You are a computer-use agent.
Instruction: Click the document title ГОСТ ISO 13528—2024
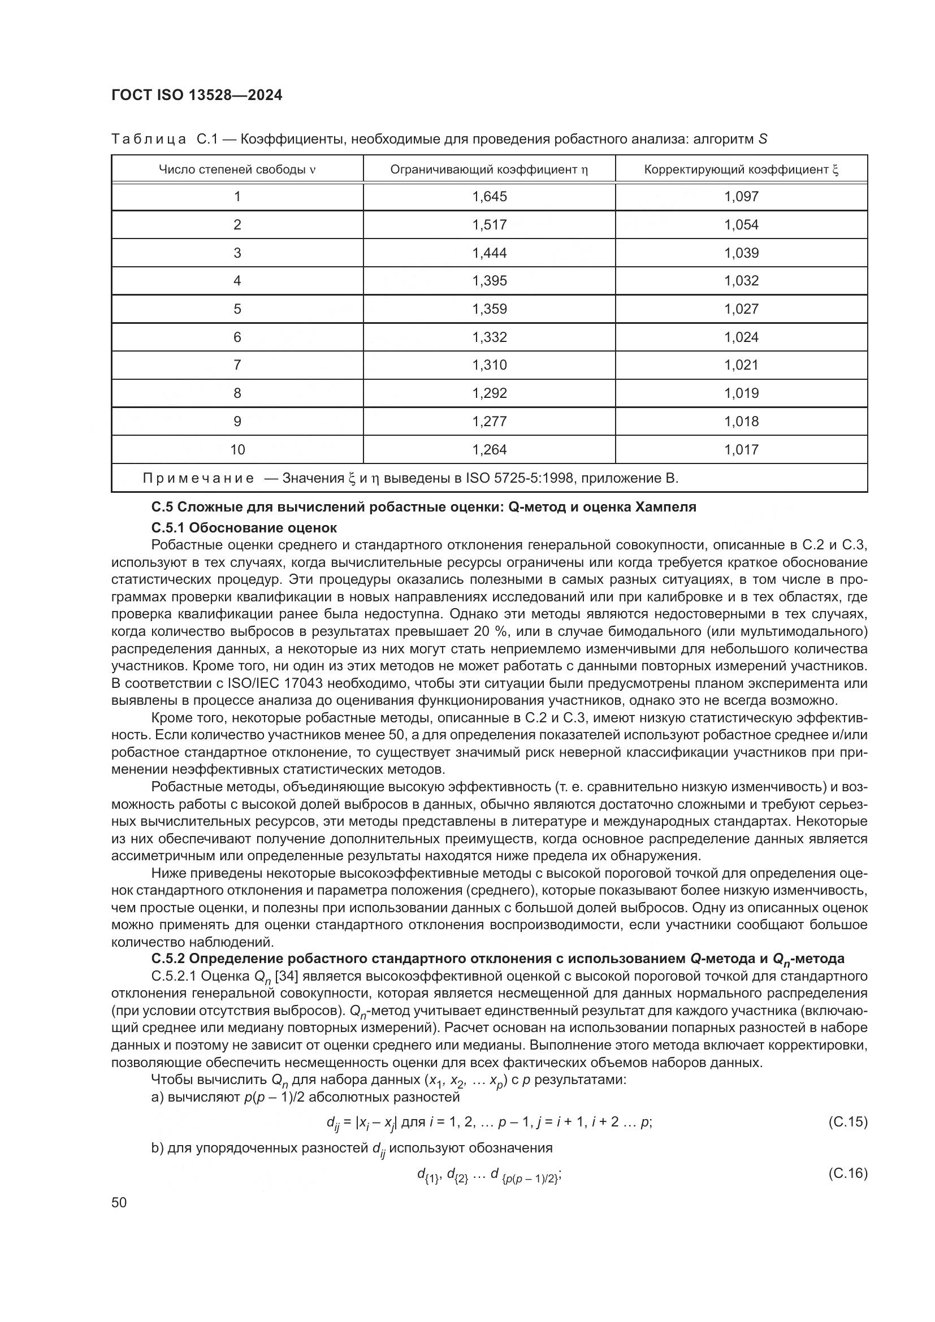(196, 96)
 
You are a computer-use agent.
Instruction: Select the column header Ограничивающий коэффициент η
(489, 170)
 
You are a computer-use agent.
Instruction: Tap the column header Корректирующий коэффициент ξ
(741, 170)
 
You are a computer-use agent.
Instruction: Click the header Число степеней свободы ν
(237, 170)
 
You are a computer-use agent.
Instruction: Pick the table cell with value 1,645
(490, 197)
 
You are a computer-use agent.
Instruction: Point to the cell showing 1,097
(742, 197)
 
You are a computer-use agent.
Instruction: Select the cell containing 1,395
(490, 281)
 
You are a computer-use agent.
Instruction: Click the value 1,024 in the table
(742, 337)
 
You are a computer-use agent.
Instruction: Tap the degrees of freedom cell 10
(237, 450)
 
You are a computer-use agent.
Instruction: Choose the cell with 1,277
(490, 422)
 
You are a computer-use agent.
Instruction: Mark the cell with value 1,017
(742, 450)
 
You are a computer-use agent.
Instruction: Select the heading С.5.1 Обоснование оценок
(244, 528)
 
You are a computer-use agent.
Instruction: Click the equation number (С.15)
(847, 1121)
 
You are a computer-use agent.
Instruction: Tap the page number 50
(119, 1202)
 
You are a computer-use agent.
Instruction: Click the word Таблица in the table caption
(149, 140)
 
